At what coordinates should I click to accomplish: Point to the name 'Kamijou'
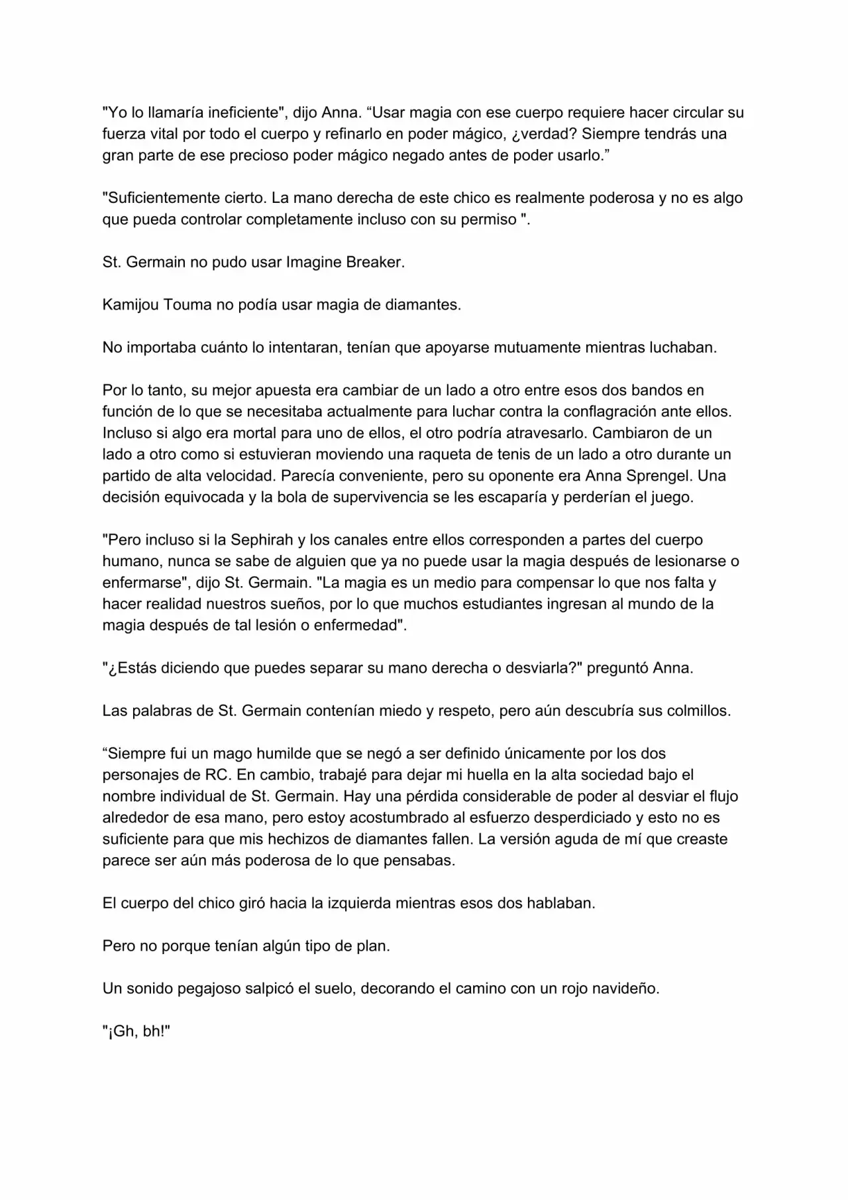point(131,304)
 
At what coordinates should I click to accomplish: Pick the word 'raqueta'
point(444,454)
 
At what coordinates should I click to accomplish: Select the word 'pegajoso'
point(207,989)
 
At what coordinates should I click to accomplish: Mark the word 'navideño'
point(627,989)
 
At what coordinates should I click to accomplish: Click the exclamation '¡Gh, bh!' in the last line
point(137,1032)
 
